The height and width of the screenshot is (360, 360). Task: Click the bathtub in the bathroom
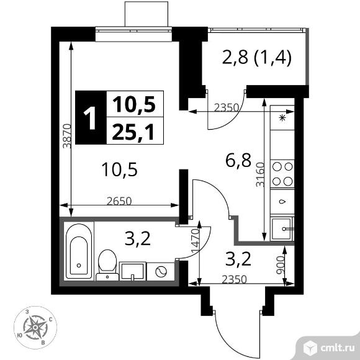pyautogui.click(x=79, y=251)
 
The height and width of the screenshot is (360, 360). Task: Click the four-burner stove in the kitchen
pyautogui.click(x=283, y=174)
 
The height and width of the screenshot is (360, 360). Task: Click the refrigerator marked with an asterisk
pyautogui.click(x=283, y=117)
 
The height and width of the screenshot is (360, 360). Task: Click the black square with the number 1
pyautogui.click(x=91, y=117)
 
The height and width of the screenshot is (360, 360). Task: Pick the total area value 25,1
pyautogui.click(x=134, y=131)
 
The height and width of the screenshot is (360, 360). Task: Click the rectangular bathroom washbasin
pyautogui.click(x=133, y=271)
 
